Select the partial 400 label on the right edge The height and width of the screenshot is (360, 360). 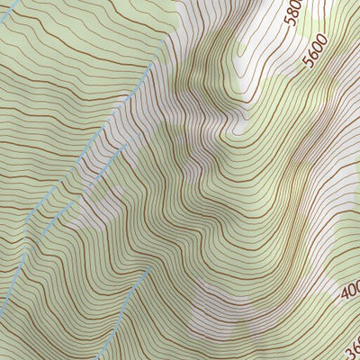click(x=351, y=291)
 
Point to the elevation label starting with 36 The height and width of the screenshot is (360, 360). click(x=352, y=344)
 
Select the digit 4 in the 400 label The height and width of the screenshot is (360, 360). click(x=346, y=296)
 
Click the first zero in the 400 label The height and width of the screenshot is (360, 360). click(x=352, y=288)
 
